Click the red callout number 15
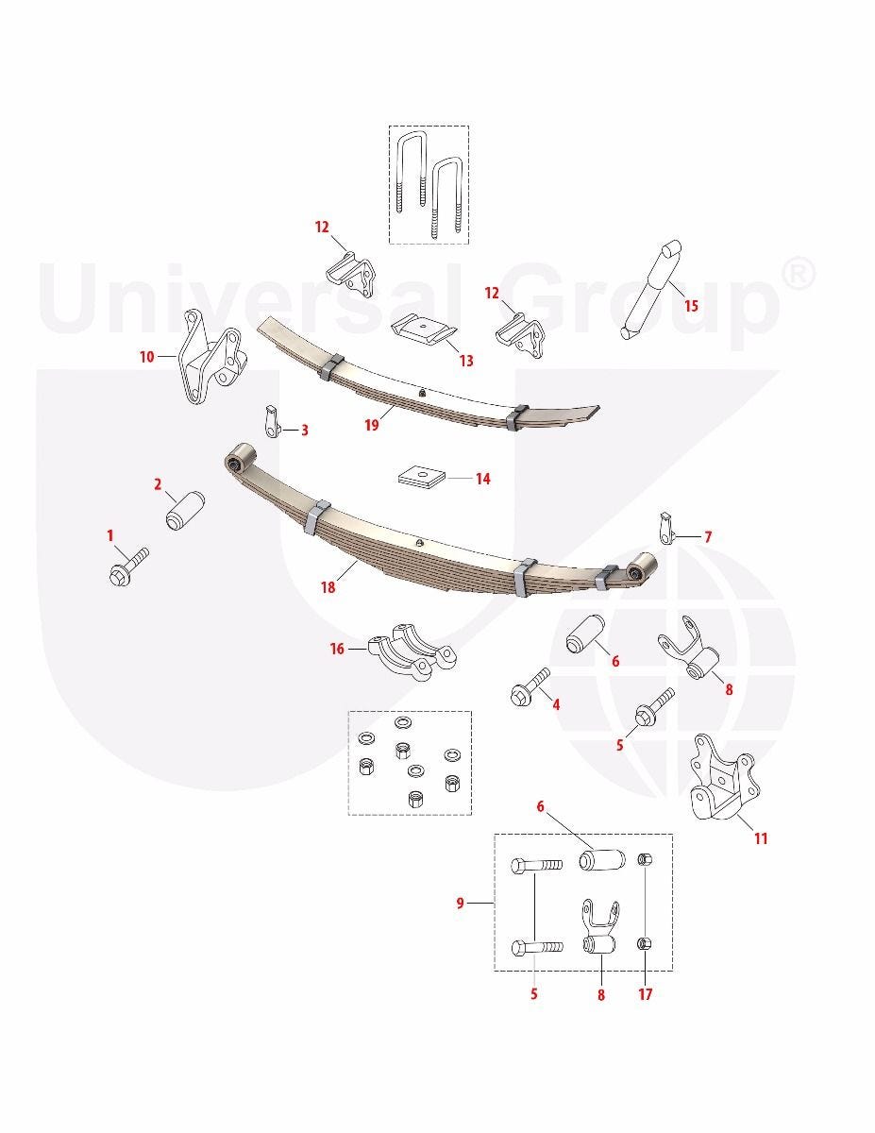click(691, 306)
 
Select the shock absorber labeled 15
click(651, 289)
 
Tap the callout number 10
click(147, 357)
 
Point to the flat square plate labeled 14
click(422, 477)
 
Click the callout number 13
click(466, 361)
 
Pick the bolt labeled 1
click(128, 566)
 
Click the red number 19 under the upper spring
click(372, 425)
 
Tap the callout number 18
click(328, 587)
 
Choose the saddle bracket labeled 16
click(412, 651)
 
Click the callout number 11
click(761, 838)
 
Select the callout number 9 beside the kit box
click(460, 903)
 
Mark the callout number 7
click(708, 537)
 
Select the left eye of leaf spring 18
click(237, 458)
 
